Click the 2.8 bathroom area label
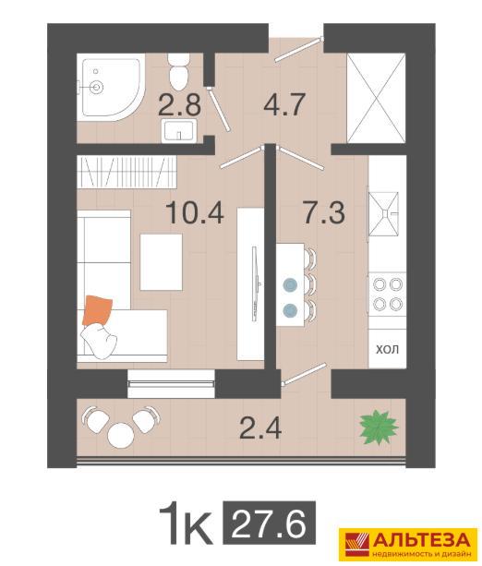click(179, 104)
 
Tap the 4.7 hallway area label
click(285, 104)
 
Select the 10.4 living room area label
click(195, 212)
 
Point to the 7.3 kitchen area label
click(324, 212)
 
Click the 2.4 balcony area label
click(260, 428)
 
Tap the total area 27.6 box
click(269, 524)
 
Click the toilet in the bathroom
click(178, 72)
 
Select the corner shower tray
click(111, 88)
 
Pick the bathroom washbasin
click(178, 131)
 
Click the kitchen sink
click(384, 214)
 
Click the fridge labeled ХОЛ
click(388, 349)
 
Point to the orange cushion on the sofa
click(97, 311)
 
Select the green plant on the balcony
click(379, 428)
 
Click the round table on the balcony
click(121, 436)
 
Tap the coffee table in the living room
click(161, 262)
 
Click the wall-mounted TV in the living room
click(255, 283)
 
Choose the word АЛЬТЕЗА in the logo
click(421, 540)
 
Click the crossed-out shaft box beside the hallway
click(376, 98)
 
